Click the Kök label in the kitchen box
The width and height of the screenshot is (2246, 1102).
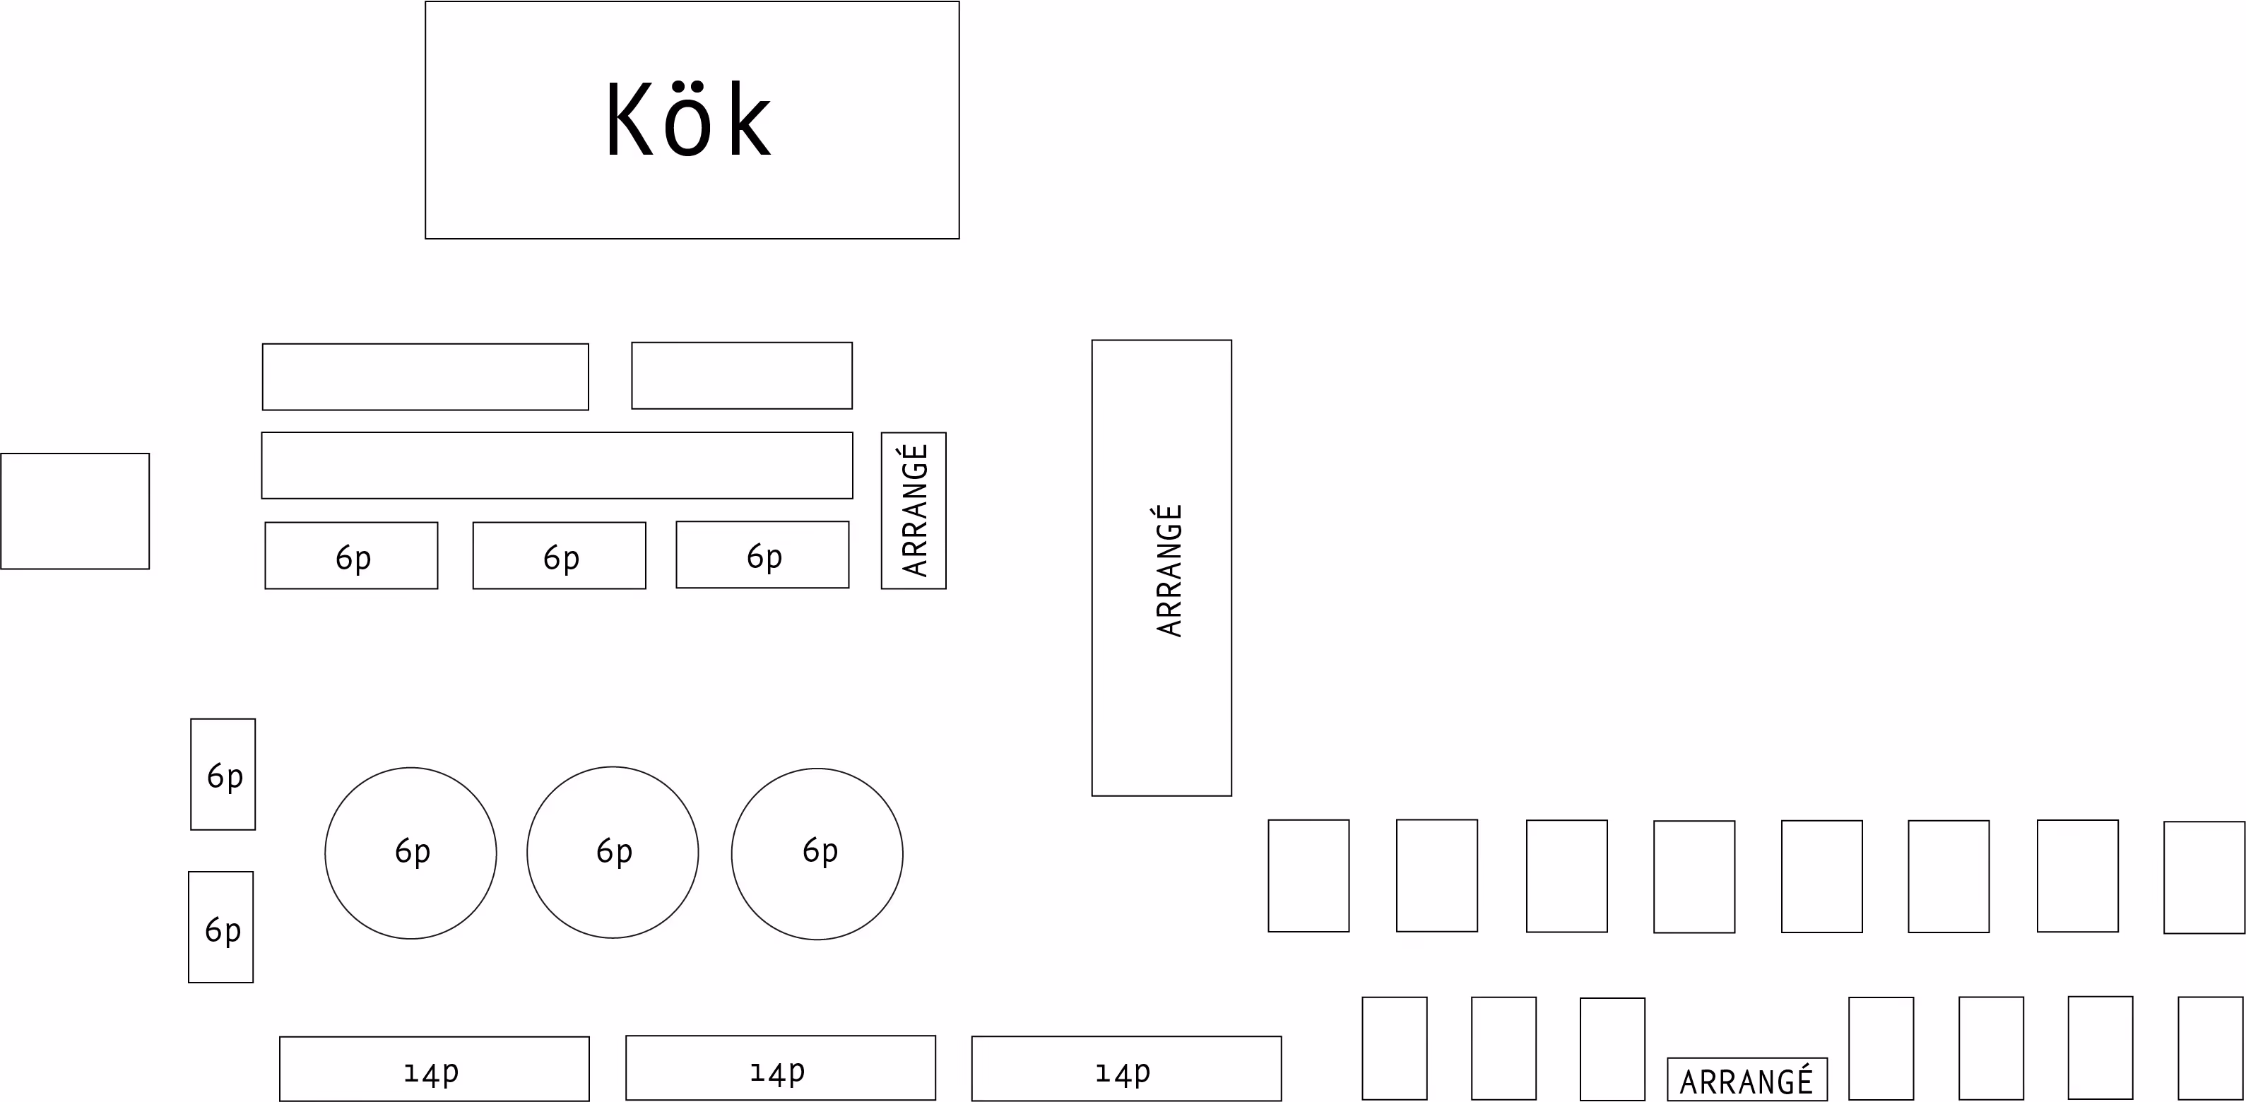point(689,120)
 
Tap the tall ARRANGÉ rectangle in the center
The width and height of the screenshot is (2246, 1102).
point(1162,567)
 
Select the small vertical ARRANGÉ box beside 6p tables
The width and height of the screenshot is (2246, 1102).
point(913,510)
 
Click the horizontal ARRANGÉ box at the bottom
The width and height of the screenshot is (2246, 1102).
point(1746,1079)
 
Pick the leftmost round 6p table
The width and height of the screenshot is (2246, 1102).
point(410,853)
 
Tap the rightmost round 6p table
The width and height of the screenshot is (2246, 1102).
point(817,853)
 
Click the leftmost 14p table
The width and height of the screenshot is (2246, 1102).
point(435,1068)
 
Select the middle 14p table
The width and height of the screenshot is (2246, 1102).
point(781,1067)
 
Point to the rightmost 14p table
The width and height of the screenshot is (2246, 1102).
point(1125,1068)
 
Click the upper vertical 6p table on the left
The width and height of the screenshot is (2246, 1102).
point(223,774)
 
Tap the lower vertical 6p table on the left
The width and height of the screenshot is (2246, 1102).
point(220,927)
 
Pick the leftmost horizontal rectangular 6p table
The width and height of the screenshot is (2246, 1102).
point(351,555)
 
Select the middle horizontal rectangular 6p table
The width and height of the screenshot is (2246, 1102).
point(559,555)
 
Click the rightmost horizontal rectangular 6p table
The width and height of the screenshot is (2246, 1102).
point(762,555)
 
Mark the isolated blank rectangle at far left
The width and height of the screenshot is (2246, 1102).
point(75,511)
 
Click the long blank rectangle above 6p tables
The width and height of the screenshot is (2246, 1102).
point(557,466)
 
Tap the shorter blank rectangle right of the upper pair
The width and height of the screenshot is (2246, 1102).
point(741,375)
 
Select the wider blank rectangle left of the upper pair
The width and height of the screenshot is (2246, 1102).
point(425,377)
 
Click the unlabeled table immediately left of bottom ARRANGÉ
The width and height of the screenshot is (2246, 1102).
point(1612,1049)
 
